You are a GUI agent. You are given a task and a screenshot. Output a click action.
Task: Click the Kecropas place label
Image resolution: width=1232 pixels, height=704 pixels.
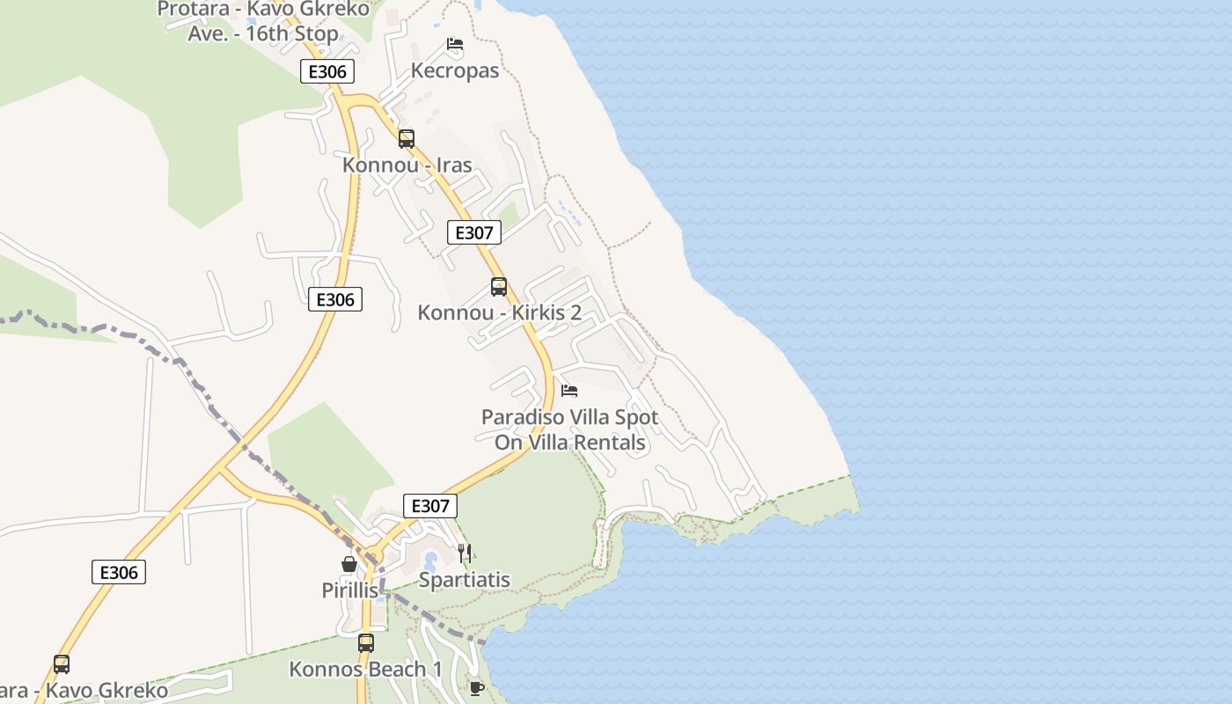tap(455, 70)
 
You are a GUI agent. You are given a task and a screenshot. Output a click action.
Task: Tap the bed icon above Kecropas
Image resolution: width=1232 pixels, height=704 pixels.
tap(454, 44)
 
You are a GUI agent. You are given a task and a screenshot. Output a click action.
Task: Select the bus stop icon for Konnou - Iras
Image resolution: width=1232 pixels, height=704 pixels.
tap(406, 138)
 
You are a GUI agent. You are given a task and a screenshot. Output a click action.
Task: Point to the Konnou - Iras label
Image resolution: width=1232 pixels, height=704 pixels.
tap(407, 165)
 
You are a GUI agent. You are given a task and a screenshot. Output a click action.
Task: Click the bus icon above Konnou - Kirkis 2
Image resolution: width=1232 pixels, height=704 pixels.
tap(499, 286)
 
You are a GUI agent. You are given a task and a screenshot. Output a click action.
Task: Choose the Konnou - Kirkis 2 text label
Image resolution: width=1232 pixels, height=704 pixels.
tap(499, 312)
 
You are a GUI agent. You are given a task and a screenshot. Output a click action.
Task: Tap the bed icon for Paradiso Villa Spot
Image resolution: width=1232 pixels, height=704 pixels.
tap(569, 390)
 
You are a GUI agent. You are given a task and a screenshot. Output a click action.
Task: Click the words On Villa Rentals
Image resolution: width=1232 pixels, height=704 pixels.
tap(570, 443)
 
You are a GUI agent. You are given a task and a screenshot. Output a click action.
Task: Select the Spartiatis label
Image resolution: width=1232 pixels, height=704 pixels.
tap(464, 580)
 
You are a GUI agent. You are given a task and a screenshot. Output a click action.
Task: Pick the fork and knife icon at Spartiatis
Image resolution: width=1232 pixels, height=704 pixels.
tap(465, 553)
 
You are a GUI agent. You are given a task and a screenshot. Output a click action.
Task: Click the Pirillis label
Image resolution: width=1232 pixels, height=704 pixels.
tap(349, 590)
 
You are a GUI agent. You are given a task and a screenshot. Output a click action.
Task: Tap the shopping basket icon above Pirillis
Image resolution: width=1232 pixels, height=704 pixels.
tap(349, 564)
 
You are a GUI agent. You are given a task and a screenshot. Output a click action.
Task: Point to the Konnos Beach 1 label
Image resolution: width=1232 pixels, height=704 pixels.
tap(365, 670)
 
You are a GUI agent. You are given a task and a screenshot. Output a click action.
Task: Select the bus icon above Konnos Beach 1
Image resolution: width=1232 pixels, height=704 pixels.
tap(365, 642)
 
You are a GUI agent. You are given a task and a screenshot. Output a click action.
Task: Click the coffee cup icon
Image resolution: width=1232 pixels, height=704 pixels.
tap(476, 687)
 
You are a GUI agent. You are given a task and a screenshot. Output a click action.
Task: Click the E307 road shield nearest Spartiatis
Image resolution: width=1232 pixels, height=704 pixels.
tap(430, 506)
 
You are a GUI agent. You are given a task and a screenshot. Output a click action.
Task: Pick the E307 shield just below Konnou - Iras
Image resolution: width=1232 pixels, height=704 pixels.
tap(474, 232)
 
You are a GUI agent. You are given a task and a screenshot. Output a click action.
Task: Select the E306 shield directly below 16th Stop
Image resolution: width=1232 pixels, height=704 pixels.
tap(327, 71)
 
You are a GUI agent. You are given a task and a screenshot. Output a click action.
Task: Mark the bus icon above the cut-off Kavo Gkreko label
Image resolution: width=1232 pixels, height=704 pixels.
tap(61, 664)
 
